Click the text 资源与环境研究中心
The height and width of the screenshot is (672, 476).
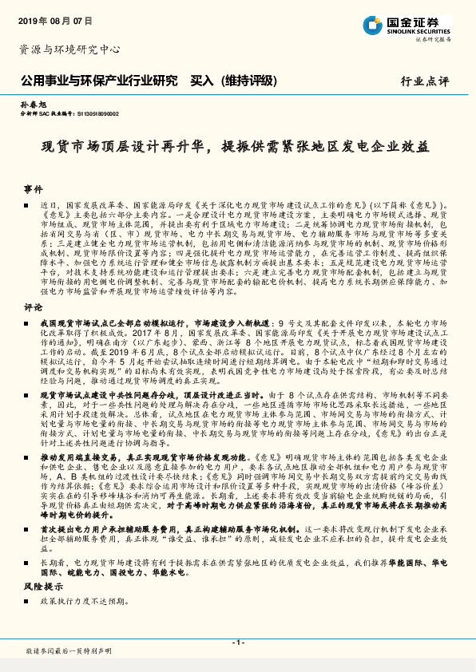click(69, 49)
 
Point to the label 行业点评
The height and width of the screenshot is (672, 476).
click(426, 81)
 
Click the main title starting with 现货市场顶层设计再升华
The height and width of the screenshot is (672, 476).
click(237, 149)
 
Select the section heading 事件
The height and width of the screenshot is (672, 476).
click(33, 189)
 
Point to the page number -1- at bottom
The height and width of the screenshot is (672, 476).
click(237, 642)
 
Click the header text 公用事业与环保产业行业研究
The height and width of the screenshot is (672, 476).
click(98, 81)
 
